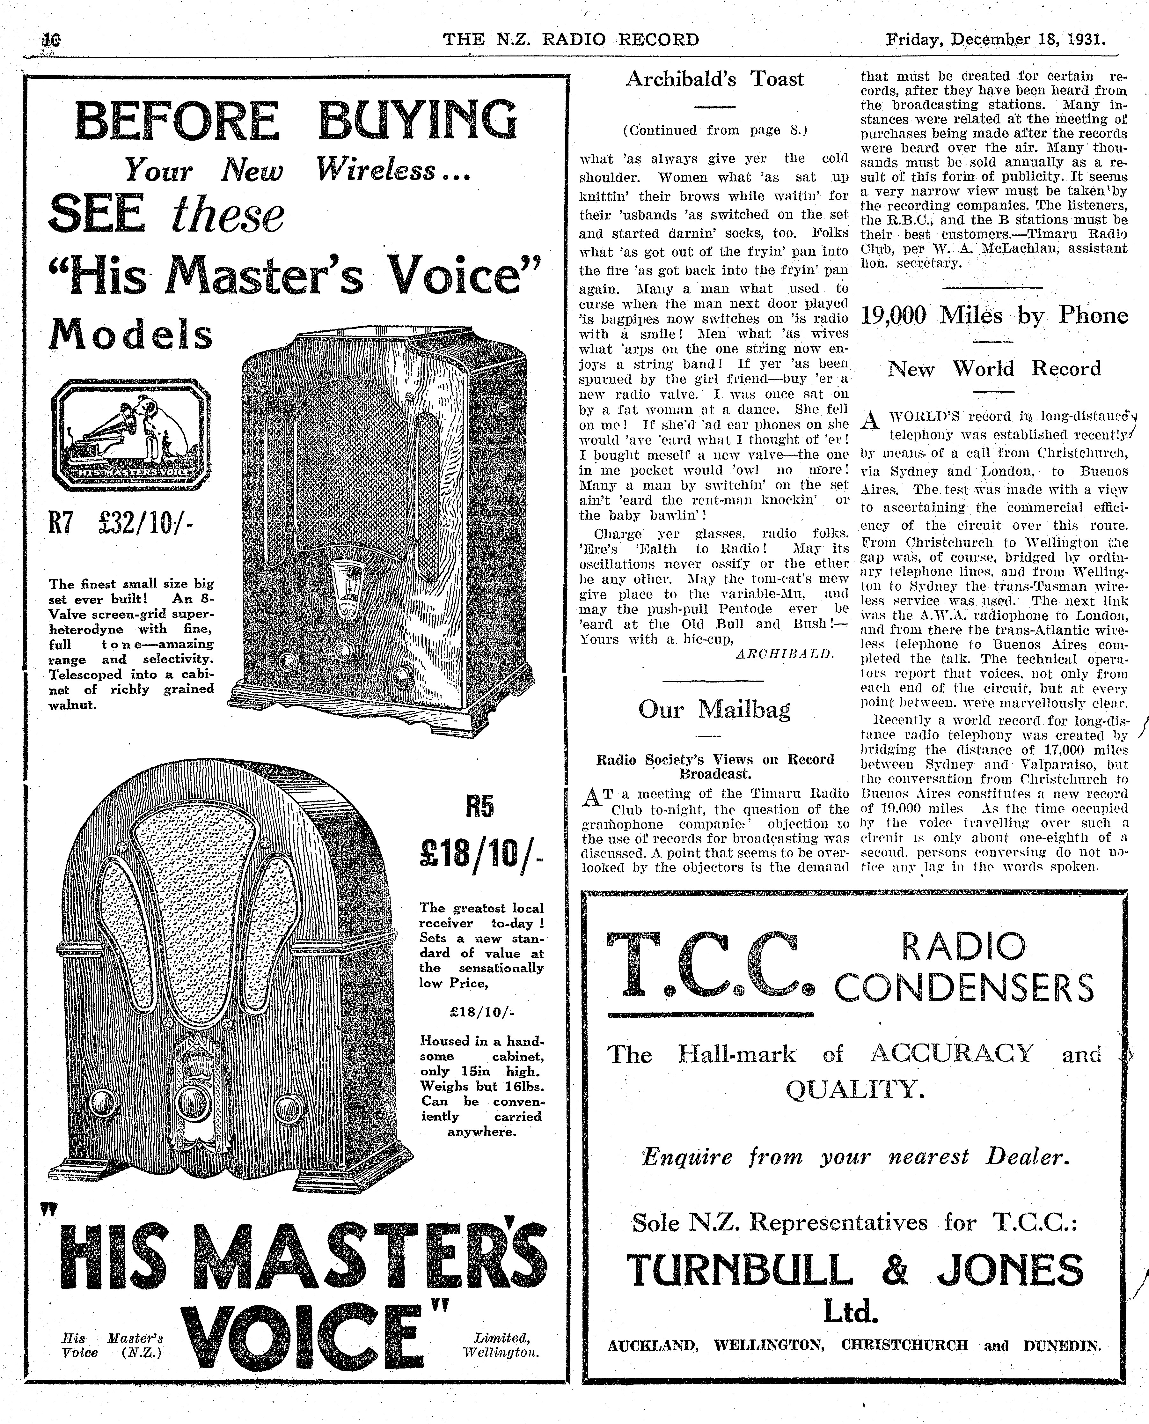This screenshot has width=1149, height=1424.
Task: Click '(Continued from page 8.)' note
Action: pos(715,130)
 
